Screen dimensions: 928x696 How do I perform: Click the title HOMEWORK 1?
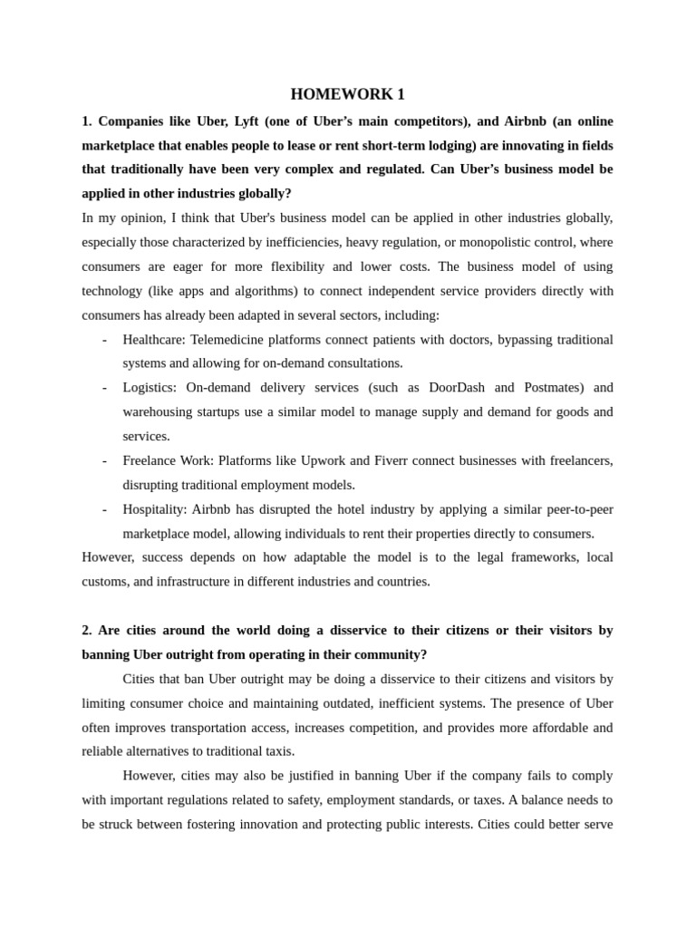[347, 94]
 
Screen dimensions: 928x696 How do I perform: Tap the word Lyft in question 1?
[250, 121]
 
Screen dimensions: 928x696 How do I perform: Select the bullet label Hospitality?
[155, 508]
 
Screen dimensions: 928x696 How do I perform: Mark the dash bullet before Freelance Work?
[105, 460]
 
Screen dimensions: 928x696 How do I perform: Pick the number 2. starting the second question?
[87, 630]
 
